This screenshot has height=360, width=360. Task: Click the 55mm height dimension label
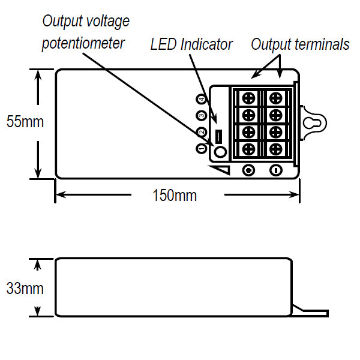click(25, 122)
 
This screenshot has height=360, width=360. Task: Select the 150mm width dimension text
click(174, 196)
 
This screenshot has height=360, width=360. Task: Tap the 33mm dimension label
click(25, 288)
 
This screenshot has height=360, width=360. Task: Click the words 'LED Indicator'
click(191, 44)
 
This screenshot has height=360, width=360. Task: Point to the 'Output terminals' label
click(300, 44)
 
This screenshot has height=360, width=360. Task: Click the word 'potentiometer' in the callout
click(83, 44)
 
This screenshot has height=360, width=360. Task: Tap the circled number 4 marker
click(201, 99)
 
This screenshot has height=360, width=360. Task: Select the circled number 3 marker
click(201, 115)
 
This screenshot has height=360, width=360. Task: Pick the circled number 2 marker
click(201, 131)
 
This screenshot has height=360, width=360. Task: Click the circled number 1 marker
click(201, 148)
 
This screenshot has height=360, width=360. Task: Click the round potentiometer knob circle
click(220, 152)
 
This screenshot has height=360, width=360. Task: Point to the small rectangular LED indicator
click(219, 136)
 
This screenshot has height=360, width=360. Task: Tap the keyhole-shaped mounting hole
click(313, 122)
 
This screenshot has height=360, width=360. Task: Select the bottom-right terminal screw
click(276, 148)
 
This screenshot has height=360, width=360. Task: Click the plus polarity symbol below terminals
click(248, 170)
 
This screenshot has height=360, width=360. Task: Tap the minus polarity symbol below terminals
click(276, 170)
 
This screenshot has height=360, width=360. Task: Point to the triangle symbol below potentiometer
click(223, 171)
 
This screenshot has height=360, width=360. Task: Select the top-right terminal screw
click(276, 97)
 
